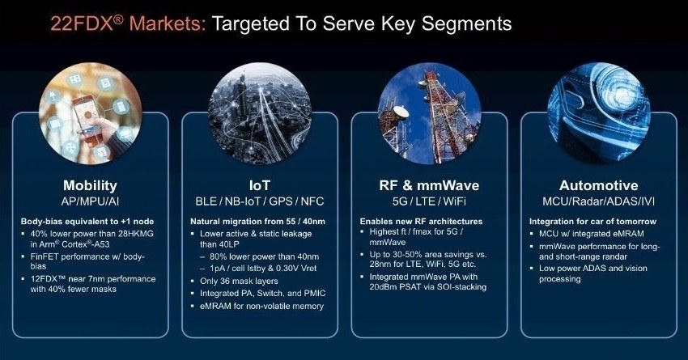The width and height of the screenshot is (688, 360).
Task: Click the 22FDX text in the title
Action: coord(82,23)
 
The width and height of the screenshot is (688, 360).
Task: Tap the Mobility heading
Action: coord(90,185)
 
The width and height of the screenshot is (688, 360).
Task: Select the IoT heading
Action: coord(259,185)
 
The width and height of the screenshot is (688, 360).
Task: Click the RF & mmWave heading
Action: coord(429,185)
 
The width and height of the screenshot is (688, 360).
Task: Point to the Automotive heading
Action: coord(598,185)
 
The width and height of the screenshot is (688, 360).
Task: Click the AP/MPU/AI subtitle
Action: coord(90,201)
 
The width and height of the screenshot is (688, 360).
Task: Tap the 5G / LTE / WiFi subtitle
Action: coord(429,201)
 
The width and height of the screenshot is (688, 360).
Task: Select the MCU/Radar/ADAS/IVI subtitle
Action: coord(598,201)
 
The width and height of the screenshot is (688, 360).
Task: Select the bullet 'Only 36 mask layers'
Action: coord(239,281)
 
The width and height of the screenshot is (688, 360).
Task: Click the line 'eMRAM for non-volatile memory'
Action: coord(261,306)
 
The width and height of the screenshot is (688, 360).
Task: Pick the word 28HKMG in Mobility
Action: coord(136,234)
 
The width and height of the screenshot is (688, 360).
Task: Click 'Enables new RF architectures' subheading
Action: coord(421,222)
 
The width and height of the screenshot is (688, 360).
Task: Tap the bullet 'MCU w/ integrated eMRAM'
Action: coord(592,234)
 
